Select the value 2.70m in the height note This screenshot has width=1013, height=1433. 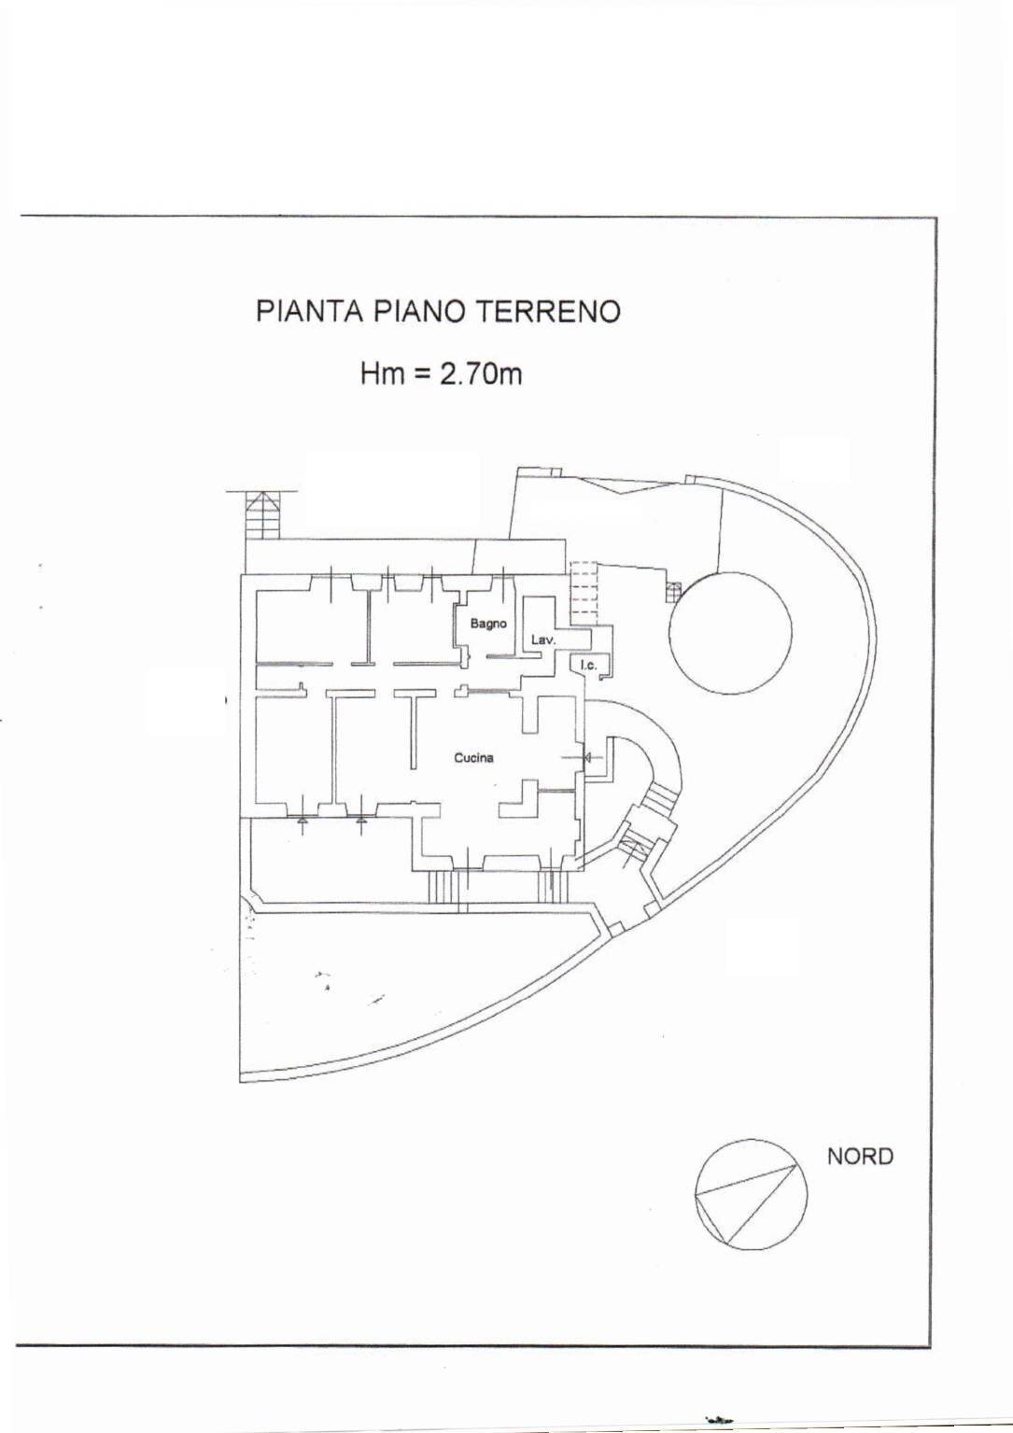click(481, 374)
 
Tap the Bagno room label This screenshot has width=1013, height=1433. click(487, 623)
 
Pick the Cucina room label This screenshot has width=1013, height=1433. click(473, 757)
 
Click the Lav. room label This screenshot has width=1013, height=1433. click(543, 640)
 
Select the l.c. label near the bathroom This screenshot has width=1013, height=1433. click(588, 665)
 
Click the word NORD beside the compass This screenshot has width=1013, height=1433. click(860, 1156)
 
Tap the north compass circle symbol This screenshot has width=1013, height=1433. click(751, 1194)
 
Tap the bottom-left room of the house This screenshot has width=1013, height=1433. click(289, 747)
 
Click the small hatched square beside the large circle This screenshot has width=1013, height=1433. click(674, 590)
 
